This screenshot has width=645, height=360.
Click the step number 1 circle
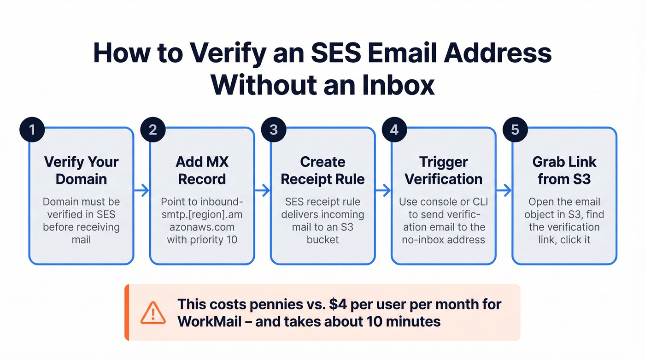pyautogui.click(x=32, y=130)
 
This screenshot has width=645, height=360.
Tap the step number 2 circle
pyautogui.click(x=152, y=130)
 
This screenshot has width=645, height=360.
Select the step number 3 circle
pyautogui.click(x=274, y=130)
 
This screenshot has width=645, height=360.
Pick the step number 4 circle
pyautogui.click(x=394, y=130)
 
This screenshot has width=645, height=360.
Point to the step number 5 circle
pyautogui.click(x=515, y=130)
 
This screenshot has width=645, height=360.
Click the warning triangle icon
pyautogui.click(x=153, y=313)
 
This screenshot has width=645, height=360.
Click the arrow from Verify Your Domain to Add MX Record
pyautogui.click(x=141, y=190)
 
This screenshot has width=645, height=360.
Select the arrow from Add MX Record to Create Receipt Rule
pyautogui.click(x=262, y=190)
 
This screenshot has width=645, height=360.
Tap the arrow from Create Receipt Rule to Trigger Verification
pyautogui.click(x=383, y=190)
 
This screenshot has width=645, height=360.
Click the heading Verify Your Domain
pyautogui.click(x=81, y=170)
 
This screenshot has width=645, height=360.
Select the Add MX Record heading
pyautogui.click(x=202, y=170)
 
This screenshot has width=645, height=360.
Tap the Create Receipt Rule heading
pyautogui.click(x=322, y=170)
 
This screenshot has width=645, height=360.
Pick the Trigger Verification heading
pyautogui.click(x=443, y=170)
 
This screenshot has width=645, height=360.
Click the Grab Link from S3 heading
pyautogui.click(x=564, y=170)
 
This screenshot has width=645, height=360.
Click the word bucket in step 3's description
pyautogui.click(x=322, y=239)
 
